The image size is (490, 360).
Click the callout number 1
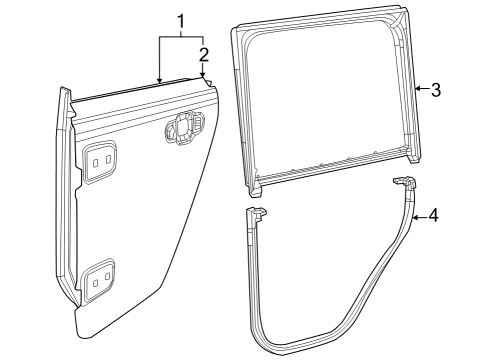(181, 21)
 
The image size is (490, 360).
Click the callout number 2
(203, 53)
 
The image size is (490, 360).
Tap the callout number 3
(436, 89)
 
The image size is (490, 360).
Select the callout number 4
(433, 213)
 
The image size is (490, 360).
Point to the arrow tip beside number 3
(415, 89)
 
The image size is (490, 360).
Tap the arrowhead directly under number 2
(203, 80)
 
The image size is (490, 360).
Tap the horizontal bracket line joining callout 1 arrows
(181, 37)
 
